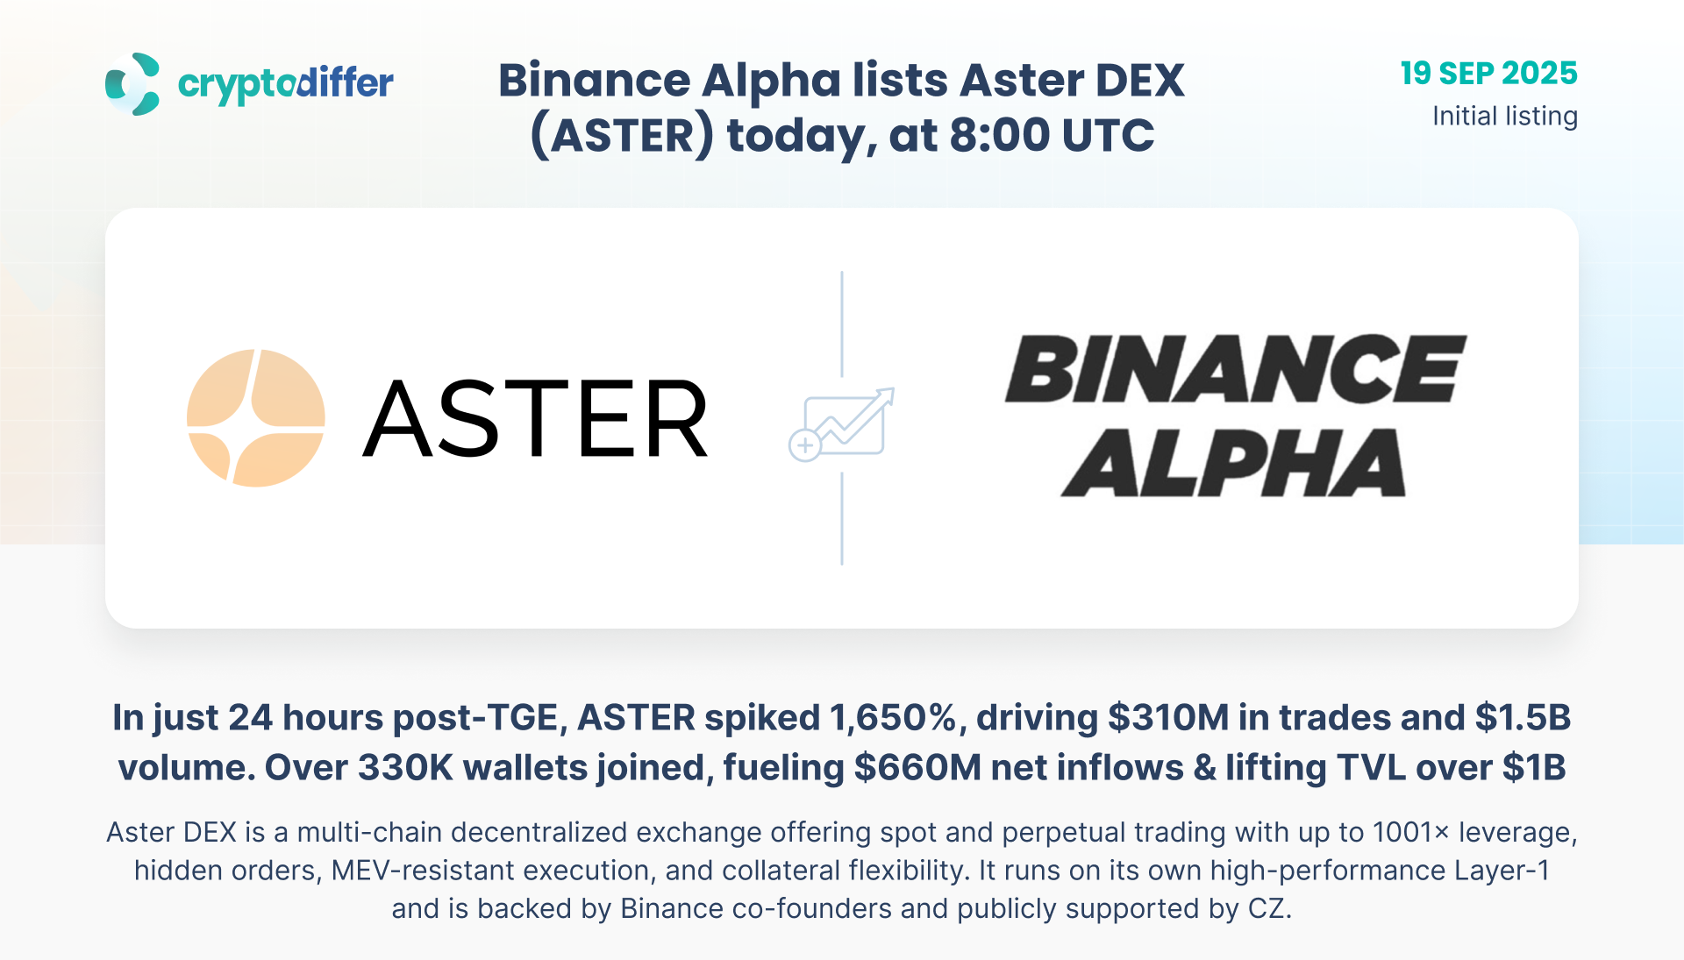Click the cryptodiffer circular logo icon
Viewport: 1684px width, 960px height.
(132, 84)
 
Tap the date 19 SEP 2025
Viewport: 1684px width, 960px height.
(1488, 73)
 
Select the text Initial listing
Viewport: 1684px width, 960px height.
(1505, 116)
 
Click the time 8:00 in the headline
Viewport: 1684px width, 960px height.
(999, 135)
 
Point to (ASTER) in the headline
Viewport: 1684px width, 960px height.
(622, 137)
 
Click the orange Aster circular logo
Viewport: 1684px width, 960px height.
(256, 418)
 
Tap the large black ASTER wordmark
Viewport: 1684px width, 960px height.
(535, 419)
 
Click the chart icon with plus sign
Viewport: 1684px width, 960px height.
(841, 424)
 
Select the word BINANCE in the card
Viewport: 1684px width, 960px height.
(1235, 368)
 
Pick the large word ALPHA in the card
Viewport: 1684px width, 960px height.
(1233, 463)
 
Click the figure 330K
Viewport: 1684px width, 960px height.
(406, 768)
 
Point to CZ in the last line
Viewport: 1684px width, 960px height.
(1269, 908)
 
